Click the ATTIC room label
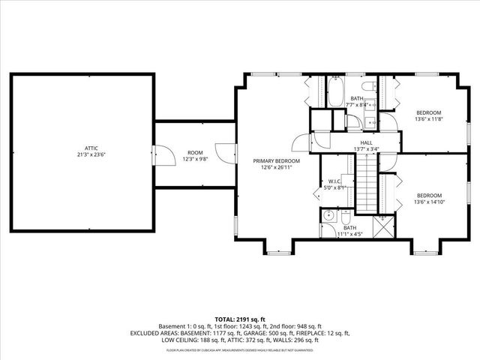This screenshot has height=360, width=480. pos(91,148)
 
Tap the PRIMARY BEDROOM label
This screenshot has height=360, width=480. pos(276,161)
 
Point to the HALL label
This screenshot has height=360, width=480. pos(366,142)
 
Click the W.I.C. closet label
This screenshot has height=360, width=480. pos(335,181)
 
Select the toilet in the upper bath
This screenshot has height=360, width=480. pos(373,105)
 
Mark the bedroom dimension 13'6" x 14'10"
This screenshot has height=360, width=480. pos(429,202)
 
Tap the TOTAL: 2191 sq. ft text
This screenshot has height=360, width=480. pos(240,319)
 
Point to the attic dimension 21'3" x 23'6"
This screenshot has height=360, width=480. pos(91,154)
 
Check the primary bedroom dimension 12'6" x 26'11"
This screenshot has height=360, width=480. pos(276,168)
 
